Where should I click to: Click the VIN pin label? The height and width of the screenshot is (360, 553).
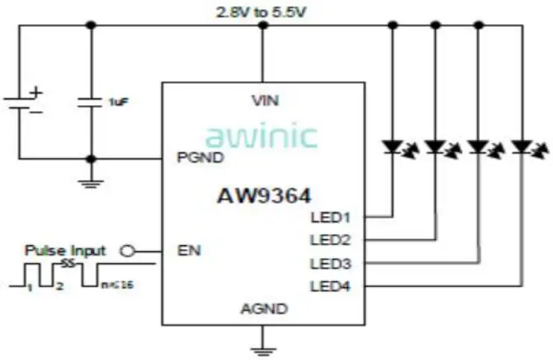(x=262, y=100)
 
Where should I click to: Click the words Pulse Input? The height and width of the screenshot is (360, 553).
(x=65, y=250)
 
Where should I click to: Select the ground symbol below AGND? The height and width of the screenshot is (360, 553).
(x=262, y=349)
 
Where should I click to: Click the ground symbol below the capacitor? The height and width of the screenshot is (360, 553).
(x=91, y=182)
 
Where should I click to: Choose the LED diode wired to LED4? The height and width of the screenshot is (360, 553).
(x=522, y=148)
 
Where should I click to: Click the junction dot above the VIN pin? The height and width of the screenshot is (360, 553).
(x=262, y=25)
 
